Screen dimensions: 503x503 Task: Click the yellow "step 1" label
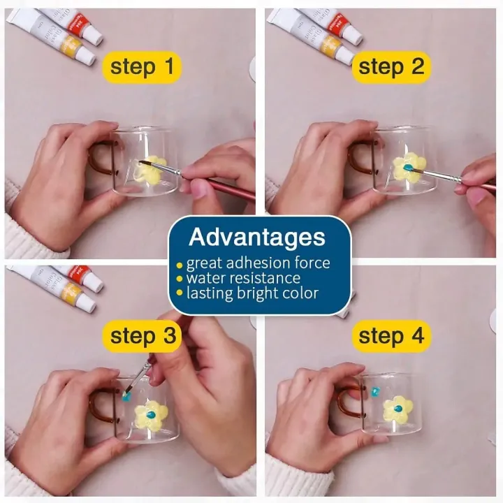(142, 67)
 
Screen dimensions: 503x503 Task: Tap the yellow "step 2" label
(391, 67)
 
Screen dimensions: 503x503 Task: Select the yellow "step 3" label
(143, 336)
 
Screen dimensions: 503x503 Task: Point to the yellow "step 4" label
(391, 336)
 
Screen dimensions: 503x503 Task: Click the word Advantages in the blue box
(257, 237)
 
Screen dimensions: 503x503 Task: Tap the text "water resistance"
(244, 278)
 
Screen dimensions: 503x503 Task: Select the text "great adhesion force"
(258, 263)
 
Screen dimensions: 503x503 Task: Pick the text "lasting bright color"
(252, 293)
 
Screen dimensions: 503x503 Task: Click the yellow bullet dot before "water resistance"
(180, 279)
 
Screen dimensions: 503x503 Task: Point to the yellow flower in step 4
(398, 409)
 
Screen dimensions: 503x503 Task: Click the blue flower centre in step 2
(408, 168)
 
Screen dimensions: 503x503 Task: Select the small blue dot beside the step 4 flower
(374, 391)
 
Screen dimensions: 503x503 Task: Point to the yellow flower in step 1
(151, 169)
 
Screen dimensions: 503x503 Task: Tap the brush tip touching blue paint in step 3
(126, 392)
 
